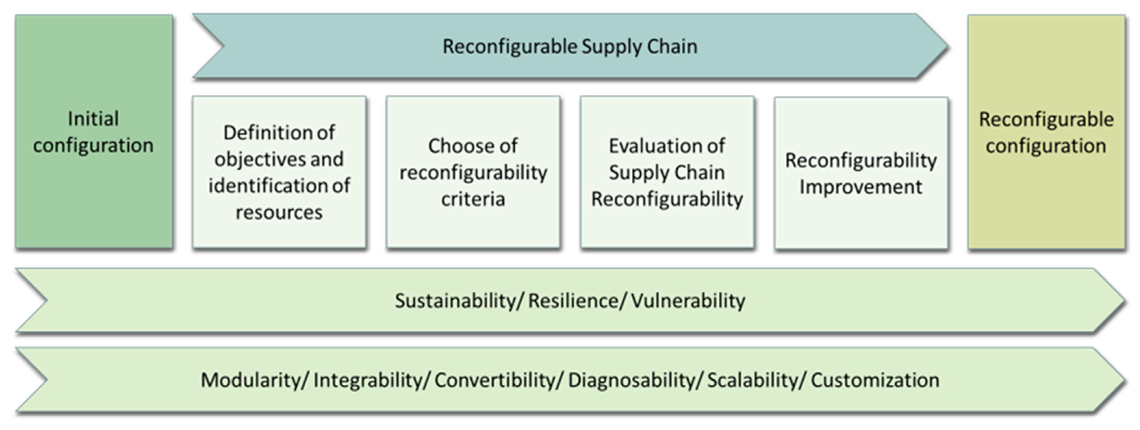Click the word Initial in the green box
(x=93, y=119)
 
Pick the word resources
(x=279, y=212)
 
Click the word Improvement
(x=861, y=187)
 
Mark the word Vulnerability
(x=688, y=301)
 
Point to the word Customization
(x=875, y=380)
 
